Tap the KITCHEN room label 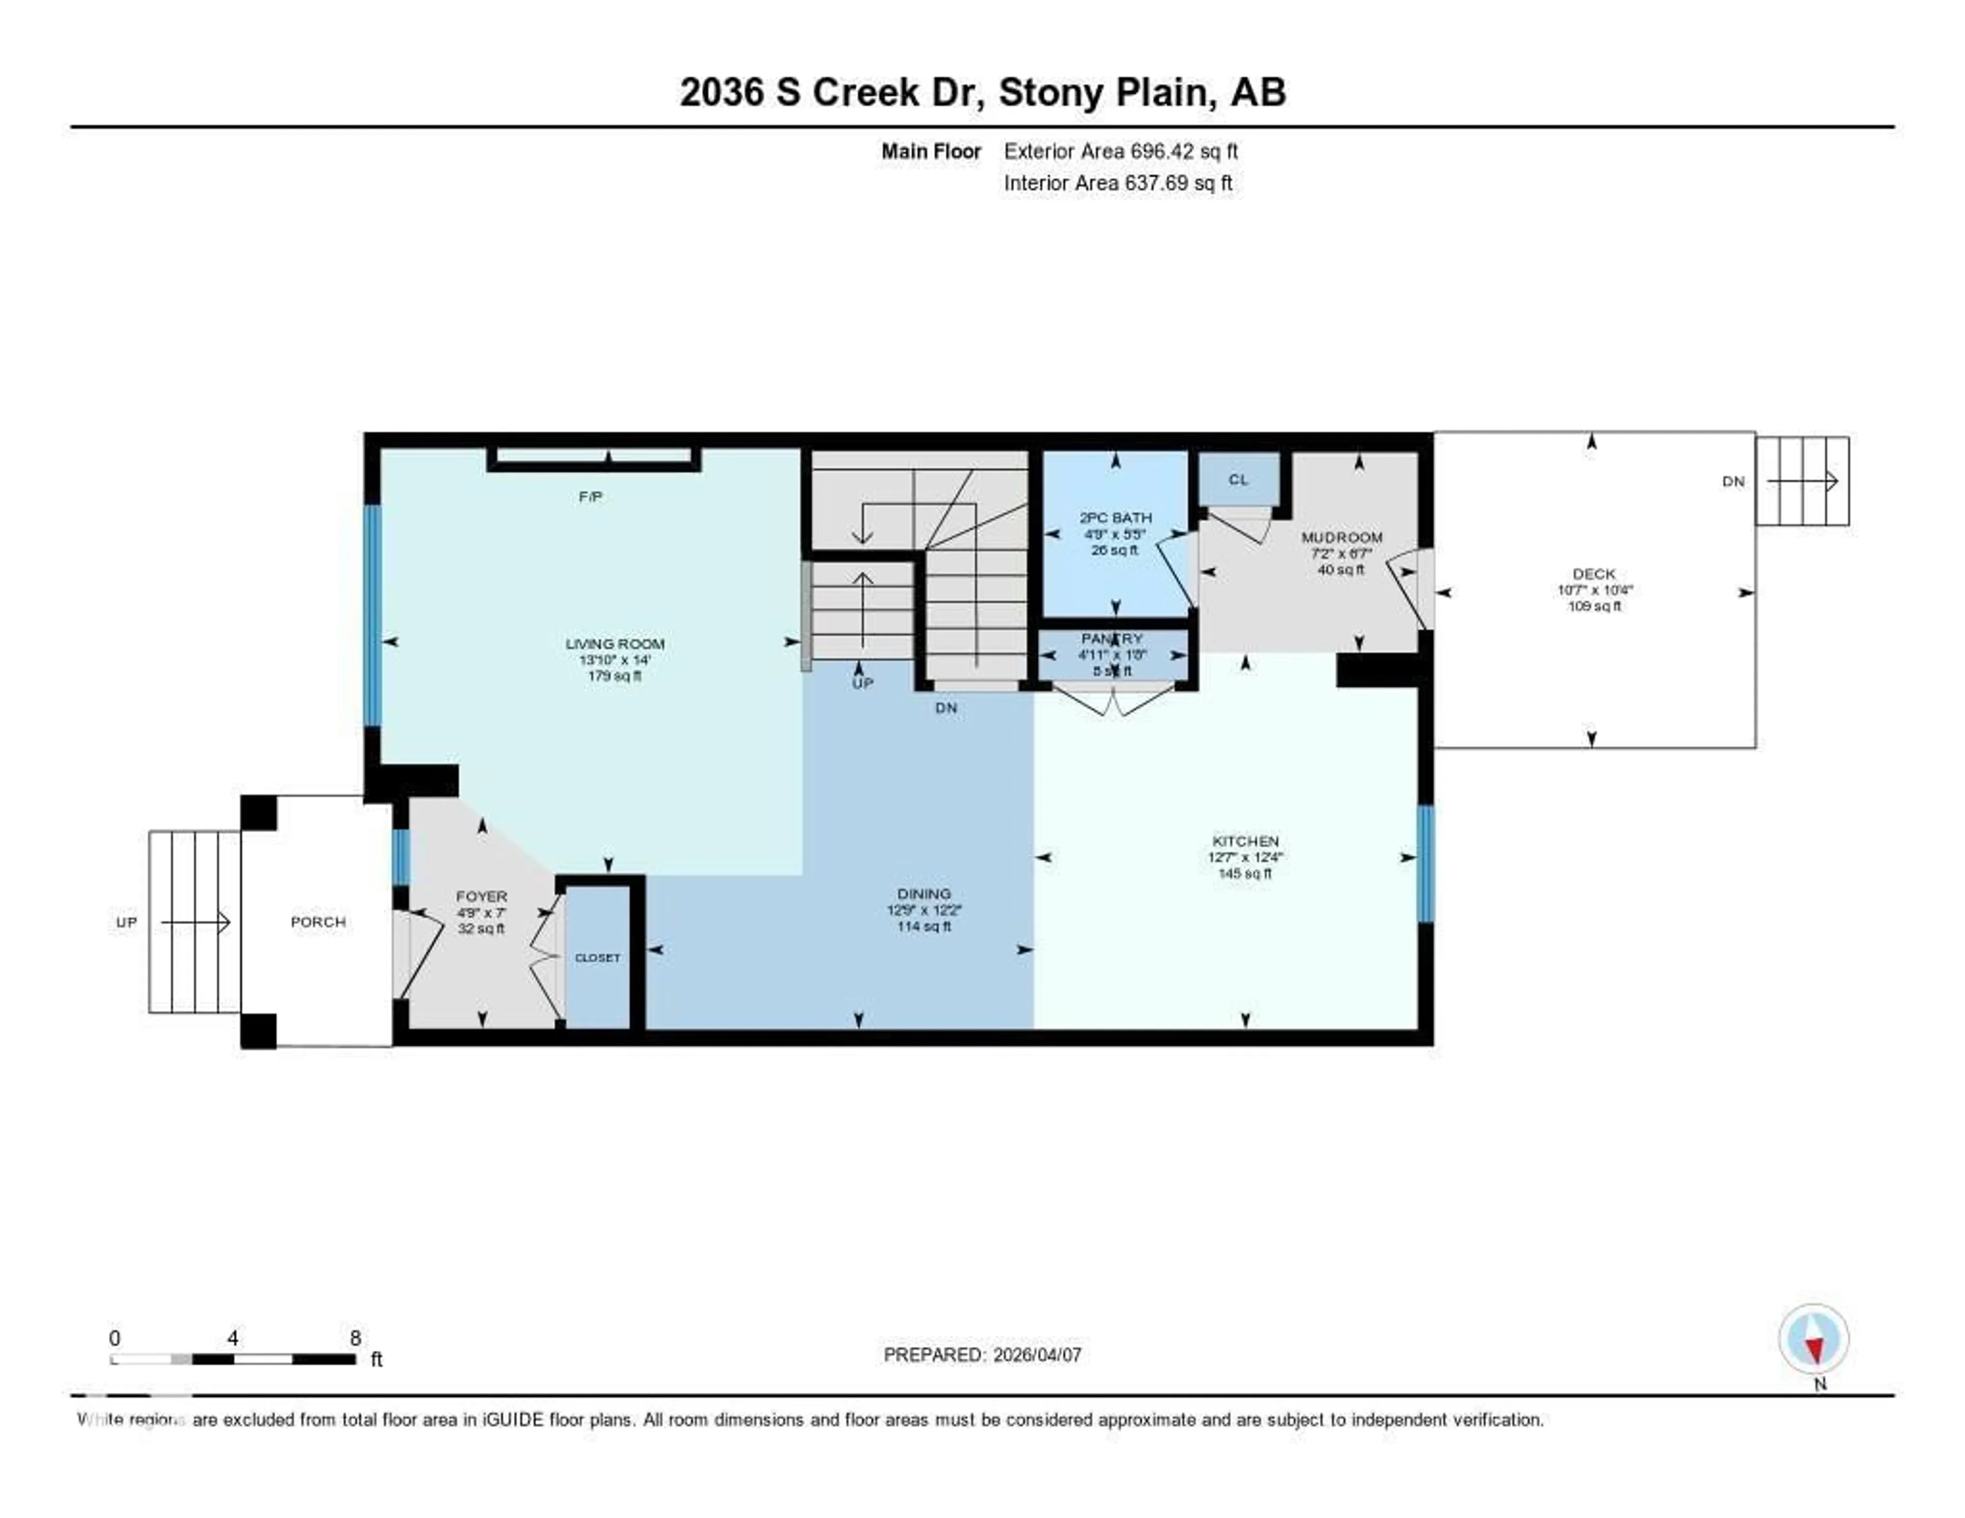(x=1245, y=840)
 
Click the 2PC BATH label (x=1116, y=517)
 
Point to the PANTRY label (x=1113, y=639)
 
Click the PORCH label (x=318, y=921)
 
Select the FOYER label (x=482, y=896)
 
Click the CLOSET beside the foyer (x=597, y=958)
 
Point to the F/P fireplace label (x=590, y=496)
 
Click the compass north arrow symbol (x=1814, y=1341)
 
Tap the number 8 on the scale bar (x=356, y=1338)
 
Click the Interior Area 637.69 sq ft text (x=1118, y=183)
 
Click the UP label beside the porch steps (x=126, y=922)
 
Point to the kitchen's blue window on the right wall (x=1425, y=864)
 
